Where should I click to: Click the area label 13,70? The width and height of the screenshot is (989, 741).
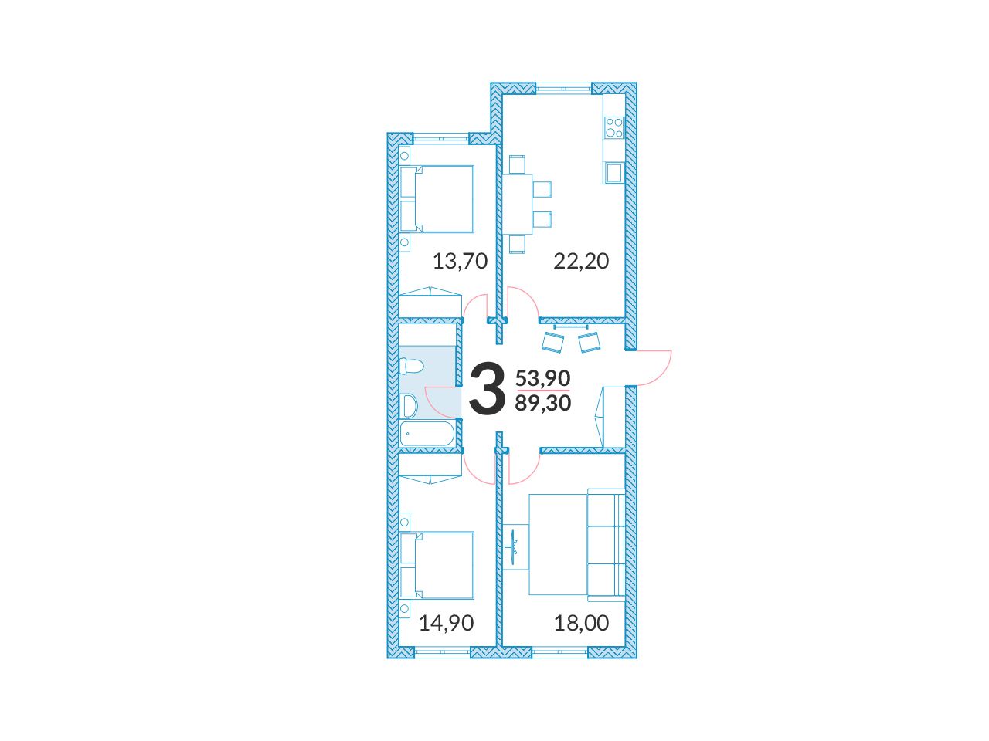click(x=460, y=262)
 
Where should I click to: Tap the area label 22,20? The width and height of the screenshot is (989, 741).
click(x=581, y=262)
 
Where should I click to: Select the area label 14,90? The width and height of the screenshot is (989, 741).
click(x=447, y=623)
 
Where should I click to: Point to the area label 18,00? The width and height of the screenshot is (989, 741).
click(x=582, y=623)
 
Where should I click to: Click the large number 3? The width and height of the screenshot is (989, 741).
click(x=487, y=389)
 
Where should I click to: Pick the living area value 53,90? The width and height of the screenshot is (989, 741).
click(x=543, y=378)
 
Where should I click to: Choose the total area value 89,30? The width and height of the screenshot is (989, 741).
click(x=543, y=403)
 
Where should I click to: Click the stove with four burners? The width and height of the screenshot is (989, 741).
click(x=614, y=127)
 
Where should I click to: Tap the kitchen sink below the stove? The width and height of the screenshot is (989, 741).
click(x=613, y=172)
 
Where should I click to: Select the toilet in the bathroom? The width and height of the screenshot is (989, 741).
click(x=411, y=366)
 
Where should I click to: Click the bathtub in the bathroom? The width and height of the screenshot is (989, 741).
click(x=427, y=433)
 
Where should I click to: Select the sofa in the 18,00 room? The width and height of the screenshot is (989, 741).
click(x=606, y=544)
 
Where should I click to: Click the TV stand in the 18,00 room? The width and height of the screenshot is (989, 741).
click(x=516, y=547)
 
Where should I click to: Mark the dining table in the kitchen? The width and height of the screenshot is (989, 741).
click(x=517, y=205)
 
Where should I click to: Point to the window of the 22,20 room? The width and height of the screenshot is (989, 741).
click(x=563, y=89)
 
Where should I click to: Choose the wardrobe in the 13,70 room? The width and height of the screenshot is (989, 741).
click(x=430, y=303)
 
